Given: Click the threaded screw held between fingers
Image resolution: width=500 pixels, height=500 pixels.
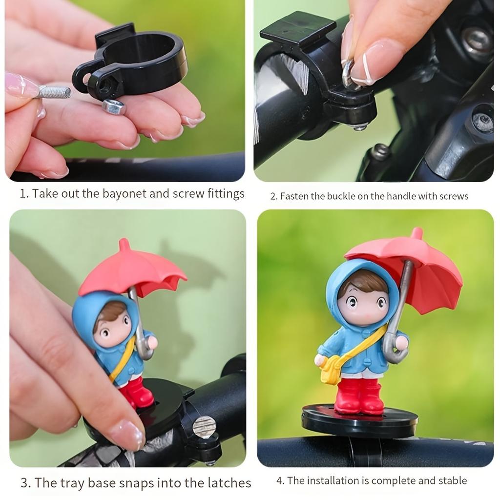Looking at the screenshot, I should click(x=54, y=91).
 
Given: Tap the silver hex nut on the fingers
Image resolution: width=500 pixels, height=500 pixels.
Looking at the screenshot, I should click(x=114, y=107).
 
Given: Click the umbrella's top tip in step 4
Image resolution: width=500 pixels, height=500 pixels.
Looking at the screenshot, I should click(x=417, y=232).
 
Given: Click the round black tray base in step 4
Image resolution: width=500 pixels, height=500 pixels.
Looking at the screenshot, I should click(x=359, y=423).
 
